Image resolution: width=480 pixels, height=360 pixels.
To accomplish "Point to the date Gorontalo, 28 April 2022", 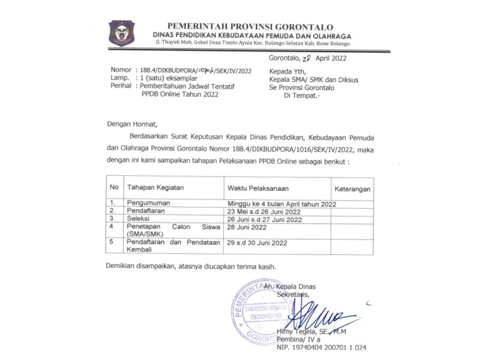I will pyautogui.click(x=307, y=58).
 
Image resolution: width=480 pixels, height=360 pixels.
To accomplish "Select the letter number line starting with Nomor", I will pyautogui.click(x=181, y=70).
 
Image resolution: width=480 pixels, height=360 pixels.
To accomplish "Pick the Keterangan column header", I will pyautogui.click(x=352, y=188).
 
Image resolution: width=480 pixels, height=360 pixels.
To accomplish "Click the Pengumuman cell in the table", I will pyautogui.click(x=151, y=203).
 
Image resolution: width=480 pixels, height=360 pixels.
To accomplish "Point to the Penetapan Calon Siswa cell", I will pyautogui.click(x=170, y=231).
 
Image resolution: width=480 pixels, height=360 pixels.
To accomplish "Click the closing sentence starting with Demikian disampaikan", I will pyautogui.click(x=191, y=266).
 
